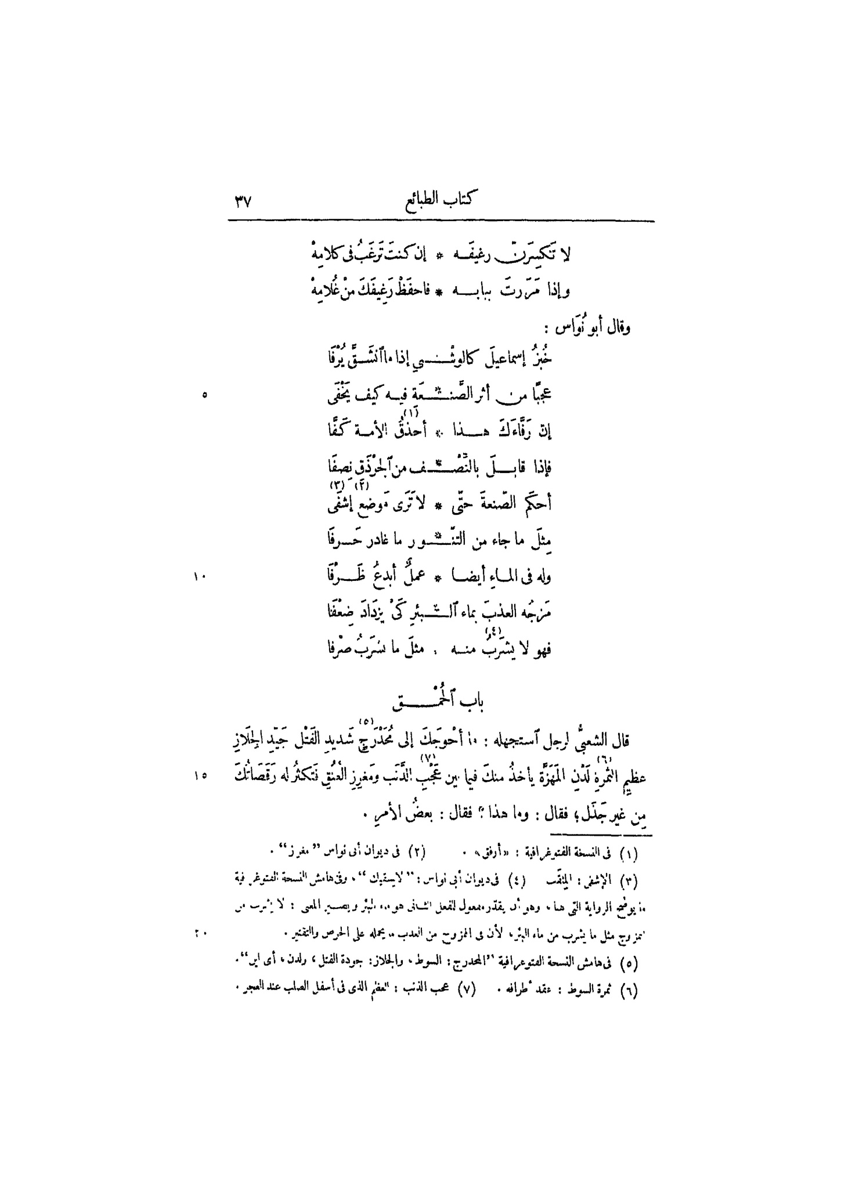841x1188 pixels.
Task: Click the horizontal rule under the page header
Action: point(441,221)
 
